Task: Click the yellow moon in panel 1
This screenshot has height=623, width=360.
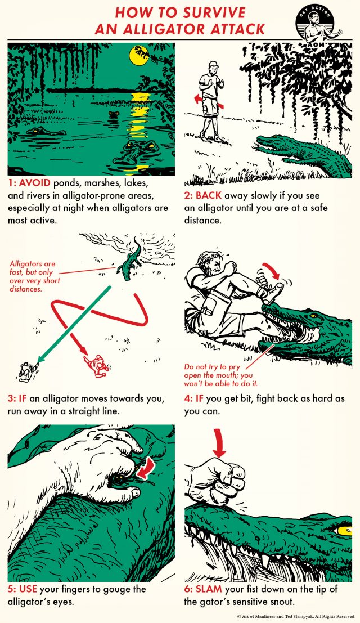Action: point(138,55)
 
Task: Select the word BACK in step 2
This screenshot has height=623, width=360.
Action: point(211,197)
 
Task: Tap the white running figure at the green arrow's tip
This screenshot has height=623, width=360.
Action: point(25,370)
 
